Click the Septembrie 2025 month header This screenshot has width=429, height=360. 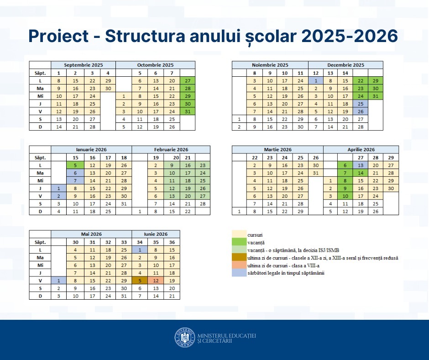(83, 65)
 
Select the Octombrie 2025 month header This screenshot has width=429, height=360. (155, 65)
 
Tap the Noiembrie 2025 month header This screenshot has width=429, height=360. (270, 65)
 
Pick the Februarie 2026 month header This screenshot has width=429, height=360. (171, 149)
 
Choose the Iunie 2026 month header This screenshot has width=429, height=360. (156, 234)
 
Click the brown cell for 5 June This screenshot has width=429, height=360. (139, 281)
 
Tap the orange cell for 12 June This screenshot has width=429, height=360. (156, 281)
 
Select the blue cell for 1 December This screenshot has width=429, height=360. (316, 80)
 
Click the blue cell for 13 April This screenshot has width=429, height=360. (361, 165)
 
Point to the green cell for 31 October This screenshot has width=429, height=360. (187, 111)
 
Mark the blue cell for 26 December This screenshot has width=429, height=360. (361, 111)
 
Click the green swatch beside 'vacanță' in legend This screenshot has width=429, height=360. (239, 243)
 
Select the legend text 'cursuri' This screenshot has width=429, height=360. (255, 235)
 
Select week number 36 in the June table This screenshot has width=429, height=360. (172, 242)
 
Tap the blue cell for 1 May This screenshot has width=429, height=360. (59, 281)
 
